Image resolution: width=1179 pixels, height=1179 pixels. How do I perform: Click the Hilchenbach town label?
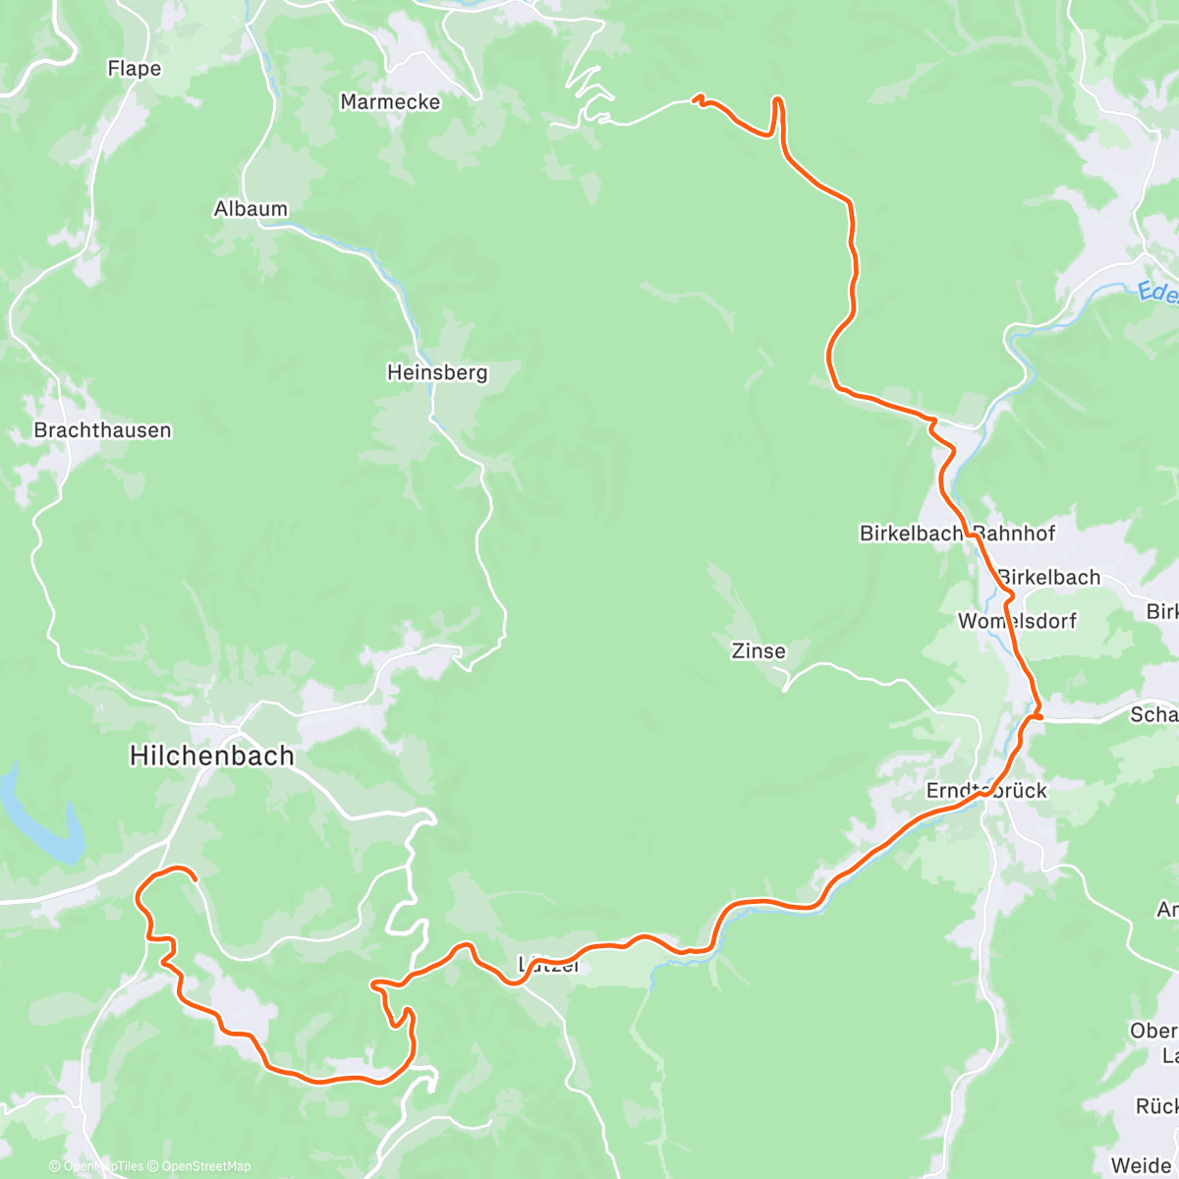pyautogui.click(x=211, y=756)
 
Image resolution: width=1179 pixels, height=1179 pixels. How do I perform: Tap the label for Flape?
pyautogui.click(x=134, y=69)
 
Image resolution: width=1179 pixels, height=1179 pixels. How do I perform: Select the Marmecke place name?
pyautogui.click(x=390, y=102)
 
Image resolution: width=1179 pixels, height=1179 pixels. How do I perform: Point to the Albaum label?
pyautogui.click(x=251, y=208)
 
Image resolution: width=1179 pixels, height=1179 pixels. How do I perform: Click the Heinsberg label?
pyautogui.click(x=437, y=372)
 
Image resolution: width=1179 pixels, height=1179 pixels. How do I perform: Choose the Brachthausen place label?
pyautogui.click(x=102, y=430)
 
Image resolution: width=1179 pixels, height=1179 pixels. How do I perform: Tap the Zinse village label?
pyautogui.click(x=758, y=650)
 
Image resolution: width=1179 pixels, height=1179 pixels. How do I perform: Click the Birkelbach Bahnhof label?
pyautogui.click(x=957, y=533)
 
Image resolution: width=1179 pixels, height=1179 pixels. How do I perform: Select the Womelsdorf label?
pyautogui.click(x=1017, y=621)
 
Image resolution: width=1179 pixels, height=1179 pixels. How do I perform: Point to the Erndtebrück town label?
pyautogui.click(x=986, y=791)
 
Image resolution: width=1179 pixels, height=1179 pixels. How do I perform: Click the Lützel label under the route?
pyautogui.click(x=549, y=966)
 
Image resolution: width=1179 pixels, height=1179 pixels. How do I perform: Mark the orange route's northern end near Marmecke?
pyautogui.click(x=697, y=98)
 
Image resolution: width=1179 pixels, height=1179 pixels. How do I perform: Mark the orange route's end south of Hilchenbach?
pyautogui.click(x=196, y=878)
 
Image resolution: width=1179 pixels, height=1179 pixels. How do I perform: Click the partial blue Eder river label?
pyautogui.click(x=1157, y=292)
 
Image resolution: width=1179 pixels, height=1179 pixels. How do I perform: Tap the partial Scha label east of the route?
pyautogui.click(x=1153, y=714)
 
